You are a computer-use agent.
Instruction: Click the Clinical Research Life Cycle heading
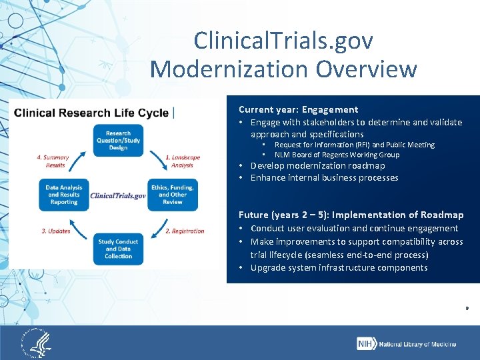[x=91, y=113]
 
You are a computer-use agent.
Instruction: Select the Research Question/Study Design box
[x=118, y=141]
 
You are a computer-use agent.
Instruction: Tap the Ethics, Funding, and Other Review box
[x=172, y=195]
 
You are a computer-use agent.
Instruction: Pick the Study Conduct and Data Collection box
[x=118, y=248]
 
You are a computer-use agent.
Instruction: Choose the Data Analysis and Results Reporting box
[x=64, y=195]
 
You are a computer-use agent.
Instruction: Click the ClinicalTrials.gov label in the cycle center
[x=118, y=195]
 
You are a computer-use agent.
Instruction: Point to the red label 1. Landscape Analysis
[x=182, y=161]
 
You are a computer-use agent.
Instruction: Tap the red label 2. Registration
[x=185, y=231]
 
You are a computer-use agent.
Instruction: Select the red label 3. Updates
[x=56, y=231]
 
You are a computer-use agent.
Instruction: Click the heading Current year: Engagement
[x=298, y=109]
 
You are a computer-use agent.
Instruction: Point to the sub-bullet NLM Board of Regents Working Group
[x=337, y=155]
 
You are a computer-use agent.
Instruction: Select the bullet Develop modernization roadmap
[x=317, y=165]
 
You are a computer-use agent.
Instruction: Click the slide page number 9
[x=466, y=309]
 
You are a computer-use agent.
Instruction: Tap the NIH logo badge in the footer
[x=366, y=343]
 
